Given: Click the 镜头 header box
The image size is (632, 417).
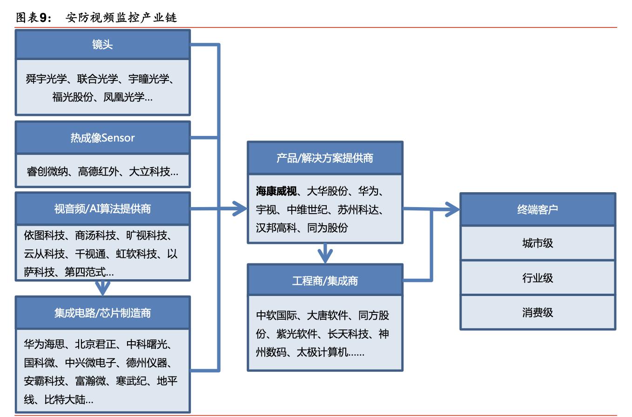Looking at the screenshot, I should coord(102,45).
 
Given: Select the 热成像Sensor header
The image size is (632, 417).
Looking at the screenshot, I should coord(102,138).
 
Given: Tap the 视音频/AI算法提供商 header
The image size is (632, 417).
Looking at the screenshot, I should coord(102,208).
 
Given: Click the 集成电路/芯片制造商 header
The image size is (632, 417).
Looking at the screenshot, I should coord(102,312).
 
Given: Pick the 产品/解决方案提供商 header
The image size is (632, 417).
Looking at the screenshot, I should coord(325,158).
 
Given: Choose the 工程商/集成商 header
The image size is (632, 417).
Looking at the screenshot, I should coord(325,281).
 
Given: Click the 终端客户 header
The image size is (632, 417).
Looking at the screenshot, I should coord(538,209).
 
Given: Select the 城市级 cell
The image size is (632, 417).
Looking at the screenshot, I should coord(538,243).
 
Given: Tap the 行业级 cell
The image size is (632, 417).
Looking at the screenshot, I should coord(538,278).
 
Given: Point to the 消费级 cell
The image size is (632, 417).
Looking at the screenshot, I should coord(538,312).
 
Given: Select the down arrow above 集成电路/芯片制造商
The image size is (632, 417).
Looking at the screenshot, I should coord(103,288).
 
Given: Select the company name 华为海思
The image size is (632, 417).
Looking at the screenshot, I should coord(45,344).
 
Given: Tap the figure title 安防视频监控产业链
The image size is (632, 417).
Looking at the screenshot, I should coord(121,18).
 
